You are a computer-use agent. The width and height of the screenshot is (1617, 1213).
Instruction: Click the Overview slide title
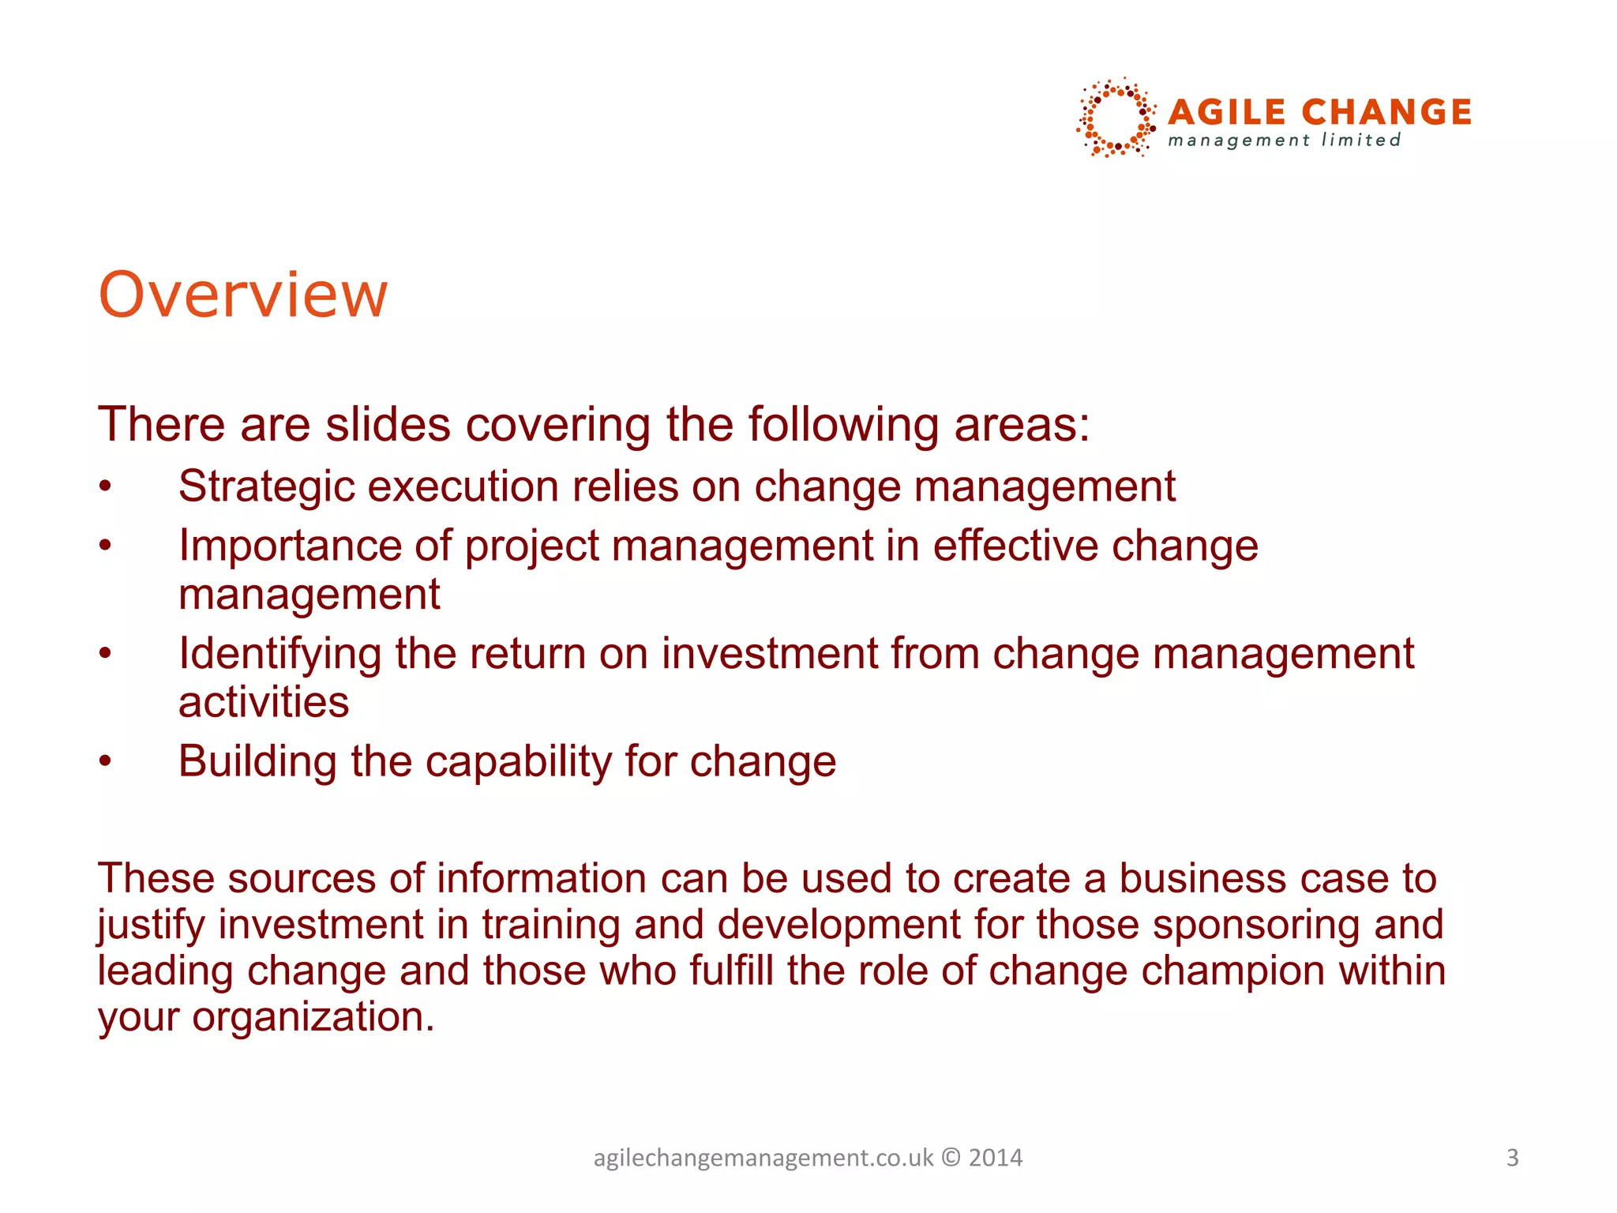(x=242, y=295)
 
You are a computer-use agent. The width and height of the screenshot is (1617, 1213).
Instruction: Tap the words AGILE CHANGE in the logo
(x=1319, y=112)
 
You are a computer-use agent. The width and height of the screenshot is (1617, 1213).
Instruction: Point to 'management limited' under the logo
(x=1284, y=141)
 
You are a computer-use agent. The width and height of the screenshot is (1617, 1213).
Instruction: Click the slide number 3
(x=1512, y=1158)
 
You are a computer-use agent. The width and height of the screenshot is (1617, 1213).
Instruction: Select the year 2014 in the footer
(x=995, y=1158)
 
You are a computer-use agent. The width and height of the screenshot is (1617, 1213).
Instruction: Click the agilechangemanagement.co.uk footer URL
(x=763, y=1158)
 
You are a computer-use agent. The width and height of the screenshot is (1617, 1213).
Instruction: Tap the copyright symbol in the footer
(x=951, y=1158)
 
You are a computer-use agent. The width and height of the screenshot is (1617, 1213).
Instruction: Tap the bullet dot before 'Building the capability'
(x=106, y=762)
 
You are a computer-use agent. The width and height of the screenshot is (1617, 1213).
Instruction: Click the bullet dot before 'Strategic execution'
(x=106, y=487)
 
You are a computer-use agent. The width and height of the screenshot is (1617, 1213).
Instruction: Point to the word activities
(x=264, y=702)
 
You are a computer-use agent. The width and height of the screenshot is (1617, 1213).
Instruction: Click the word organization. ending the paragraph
(x=313, y=1017)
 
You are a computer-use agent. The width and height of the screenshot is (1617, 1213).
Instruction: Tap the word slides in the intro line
(x=388, y=425)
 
